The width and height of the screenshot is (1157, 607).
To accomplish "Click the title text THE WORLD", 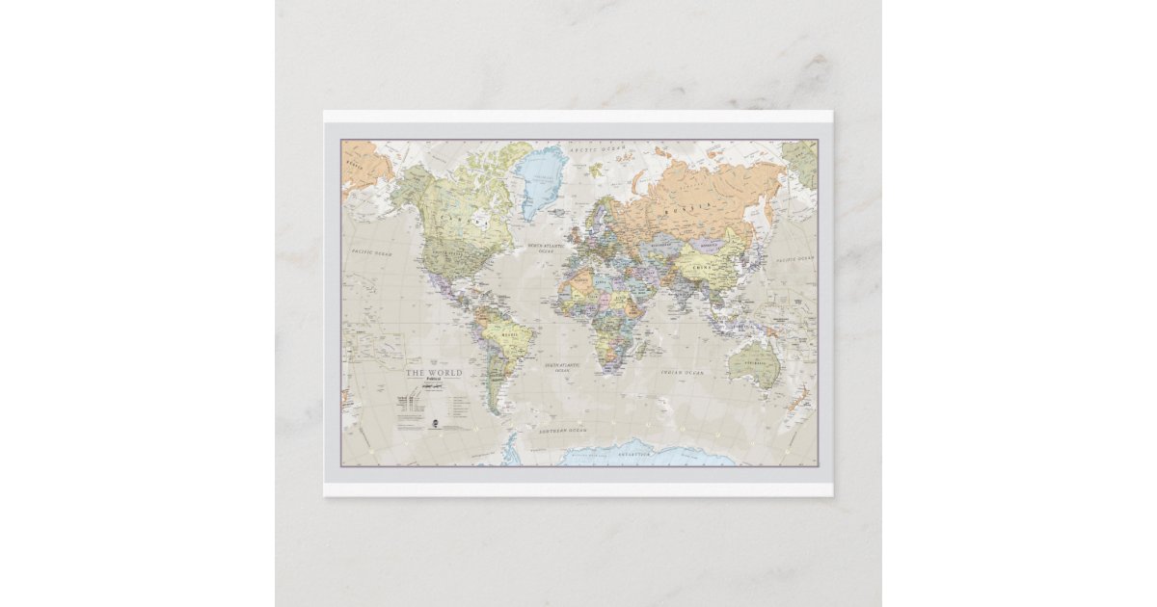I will [433, 372].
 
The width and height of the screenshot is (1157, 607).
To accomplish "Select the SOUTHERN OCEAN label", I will [563, 430].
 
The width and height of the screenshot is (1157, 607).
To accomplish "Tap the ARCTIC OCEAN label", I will [597, 149].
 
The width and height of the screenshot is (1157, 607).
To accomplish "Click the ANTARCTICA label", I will [636, 452].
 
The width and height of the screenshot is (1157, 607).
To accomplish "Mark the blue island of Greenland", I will [540, 176].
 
